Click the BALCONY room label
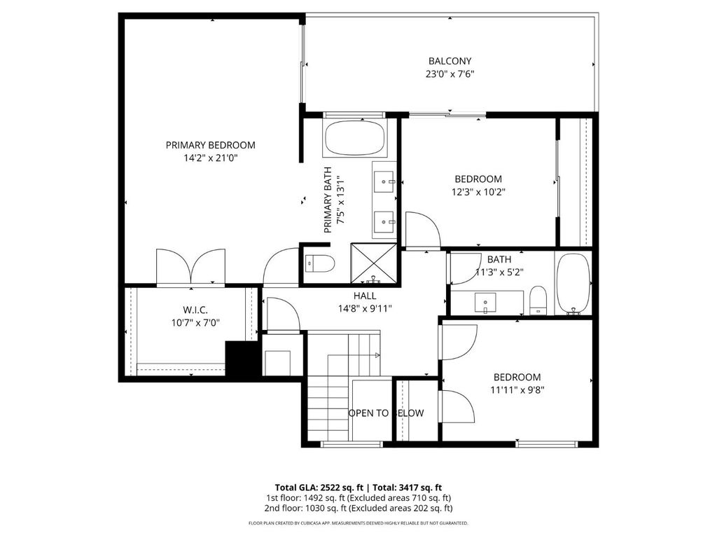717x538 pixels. pos(450,61)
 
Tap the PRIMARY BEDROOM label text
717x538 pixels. pos(210,145)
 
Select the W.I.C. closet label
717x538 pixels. pos(195,310)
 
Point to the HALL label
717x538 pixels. pos(364,296)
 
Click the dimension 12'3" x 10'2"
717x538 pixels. pos(478,192)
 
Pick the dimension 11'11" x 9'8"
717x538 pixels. pos(517,390)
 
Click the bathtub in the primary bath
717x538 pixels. pos(355,137)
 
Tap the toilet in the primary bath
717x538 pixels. pos(319,263)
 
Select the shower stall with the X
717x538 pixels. pos(374,263)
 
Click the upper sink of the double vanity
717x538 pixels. pos(384,181)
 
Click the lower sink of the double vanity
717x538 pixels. pos(384,222)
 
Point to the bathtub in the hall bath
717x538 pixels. pos(573,284)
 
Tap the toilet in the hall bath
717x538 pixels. pos(538,300)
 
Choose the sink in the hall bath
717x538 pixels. pos(485,303)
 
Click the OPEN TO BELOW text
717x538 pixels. pos(386,413)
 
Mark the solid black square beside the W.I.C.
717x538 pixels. pos(242,359)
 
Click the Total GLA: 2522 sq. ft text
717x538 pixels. pos(319,488)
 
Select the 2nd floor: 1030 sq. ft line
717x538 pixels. pos(358,508)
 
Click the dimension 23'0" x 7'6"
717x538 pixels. pos(450,74)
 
